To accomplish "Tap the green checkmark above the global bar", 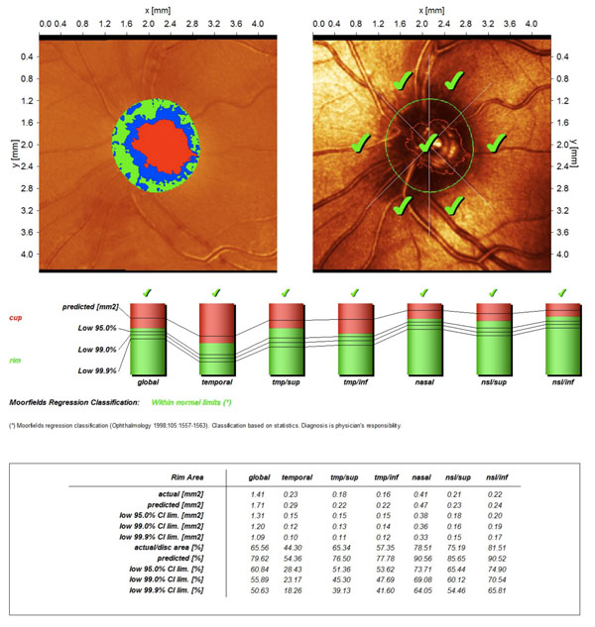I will point(147,292).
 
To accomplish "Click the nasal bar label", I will point(423,380).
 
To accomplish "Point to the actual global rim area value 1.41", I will point(257,492).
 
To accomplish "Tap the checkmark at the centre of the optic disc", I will point(427,145).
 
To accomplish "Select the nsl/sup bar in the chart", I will point(493,338).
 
